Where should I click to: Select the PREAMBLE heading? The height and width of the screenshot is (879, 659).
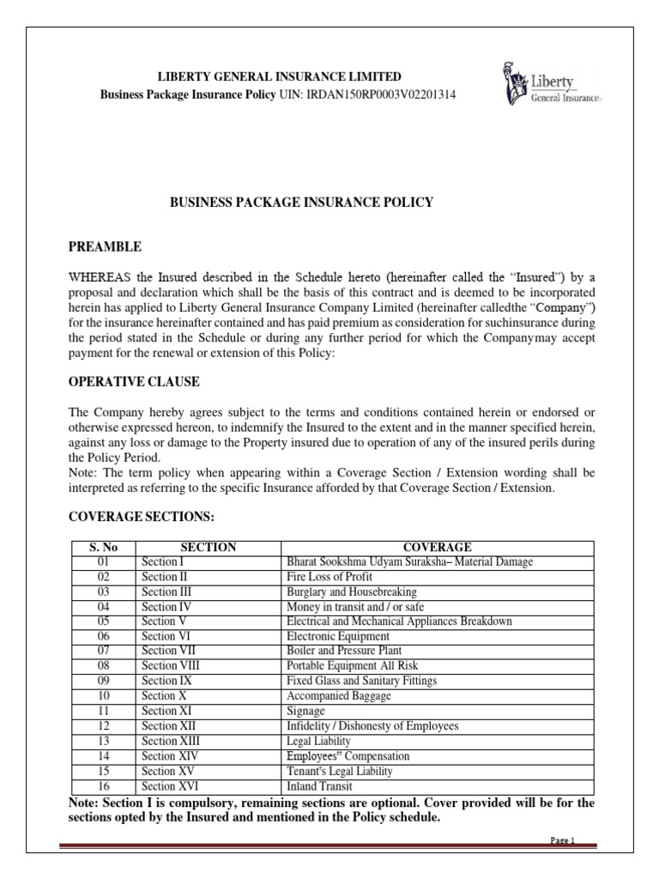pyautogui.click(x=105, y=247)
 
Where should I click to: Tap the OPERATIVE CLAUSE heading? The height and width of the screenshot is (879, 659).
pyautogui.click(x=134, y=381)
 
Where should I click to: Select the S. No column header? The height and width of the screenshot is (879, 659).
pyautogui.click(x=101, y=548)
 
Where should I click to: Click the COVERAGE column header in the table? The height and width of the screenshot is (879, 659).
pyautogui.click(x=438, y=548)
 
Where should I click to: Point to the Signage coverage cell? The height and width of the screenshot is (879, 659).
pyautogui.click(x=306, y=712)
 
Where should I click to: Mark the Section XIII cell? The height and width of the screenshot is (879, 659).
pyautogui.click(x=172, y=741)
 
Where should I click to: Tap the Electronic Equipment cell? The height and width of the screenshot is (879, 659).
pyautogui.click(x=337, y=636)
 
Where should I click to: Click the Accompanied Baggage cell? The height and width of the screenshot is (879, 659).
pyautogui.click(x=336, y=696)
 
